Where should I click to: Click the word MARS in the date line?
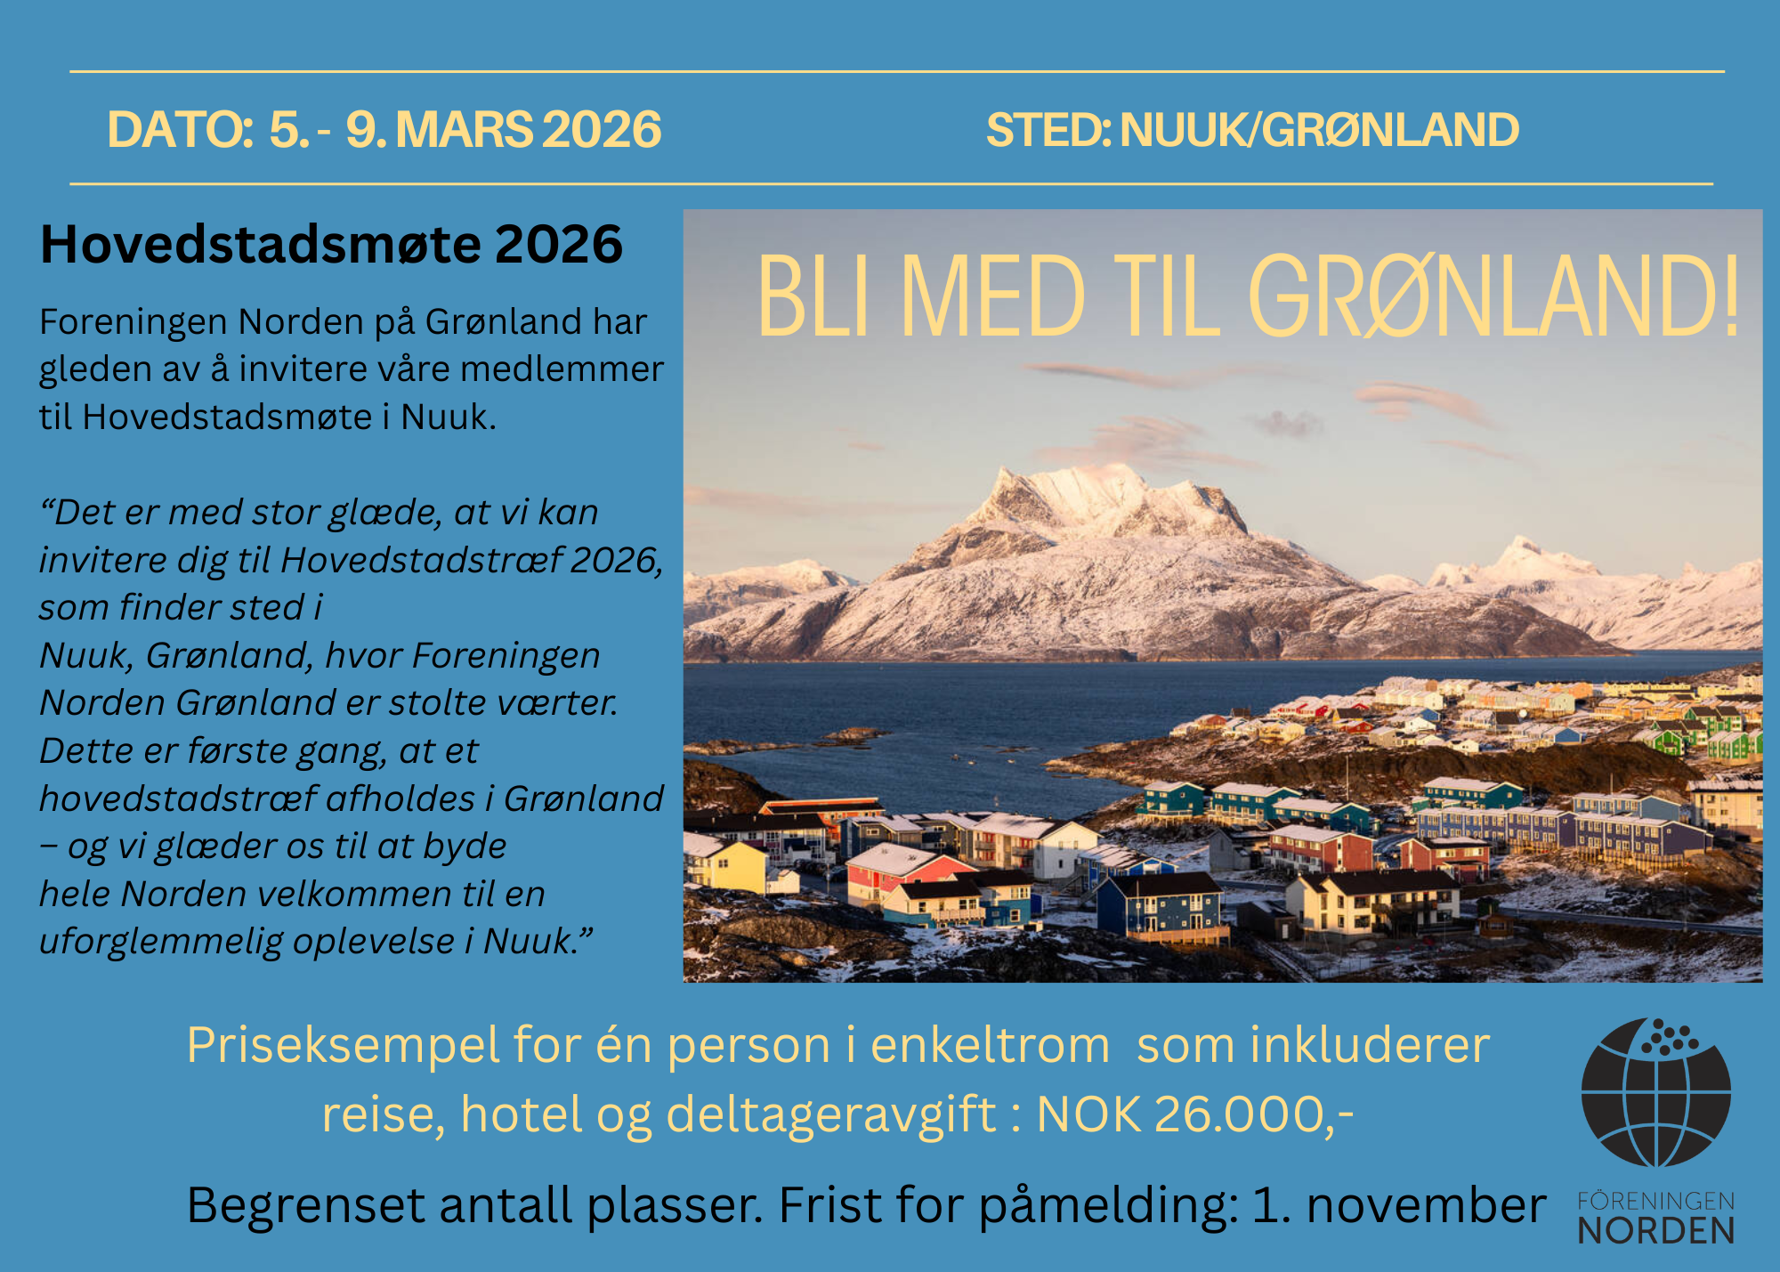pos(464,130)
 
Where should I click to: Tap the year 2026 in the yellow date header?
pos(602,130)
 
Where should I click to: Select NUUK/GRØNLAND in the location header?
pos(1319,130)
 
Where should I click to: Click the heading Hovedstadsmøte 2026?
pos(331,244)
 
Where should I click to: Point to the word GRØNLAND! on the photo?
pos(1493,296)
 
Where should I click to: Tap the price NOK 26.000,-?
pos(1195,1114)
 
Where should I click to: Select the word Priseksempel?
pos(344,1045)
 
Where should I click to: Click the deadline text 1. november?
pos(1399,1205)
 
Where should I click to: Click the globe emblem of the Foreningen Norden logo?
pos(1656,1093)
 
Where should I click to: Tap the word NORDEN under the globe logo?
pos(1656,1230)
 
